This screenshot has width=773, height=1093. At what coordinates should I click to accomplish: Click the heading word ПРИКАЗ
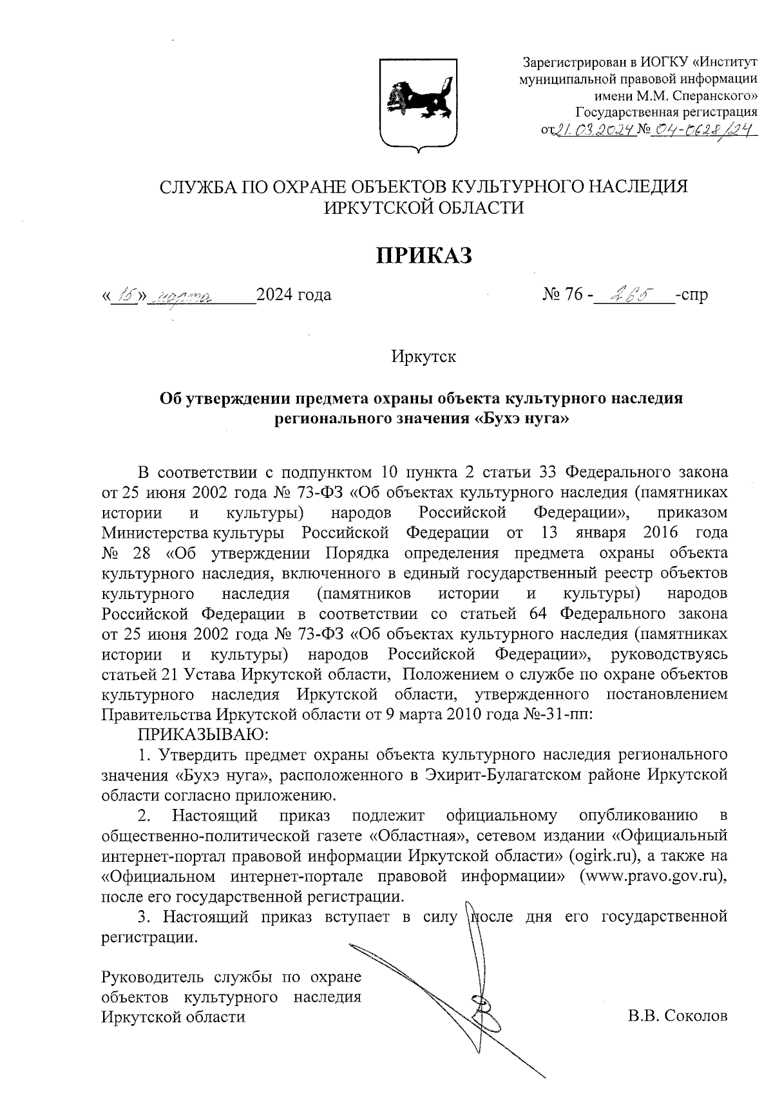pos(424,255)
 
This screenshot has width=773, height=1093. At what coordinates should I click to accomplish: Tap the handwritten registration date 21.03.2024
pos(595,131)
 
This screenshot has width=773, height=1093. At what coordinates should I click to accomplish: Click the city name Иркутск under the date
pos(423,356)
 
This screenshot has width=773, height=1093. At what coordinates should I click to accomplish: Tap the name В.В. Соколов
pos(678,1016)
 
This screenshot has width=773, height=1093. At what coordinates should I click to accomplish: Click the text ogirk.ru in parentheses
pos(603,856)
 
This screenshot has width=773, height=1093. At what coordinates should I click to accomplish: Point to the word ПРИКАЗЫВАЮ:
pos(203,734)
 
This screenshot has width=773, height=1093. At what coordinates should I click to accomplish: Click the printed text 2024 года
pos(294,295)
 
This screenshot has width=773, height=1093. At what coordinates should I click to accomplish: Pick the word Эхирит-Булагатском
pos(499,774)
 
